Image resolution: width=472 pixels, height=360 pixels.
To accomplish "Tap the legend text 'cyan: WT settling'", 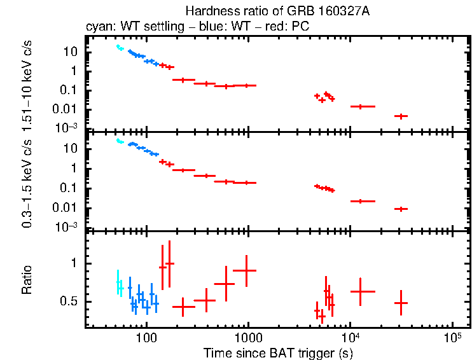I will tap(127, 27).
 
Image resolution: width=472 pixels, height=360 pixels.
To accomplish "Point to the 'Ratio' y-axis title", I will tap(27, 280).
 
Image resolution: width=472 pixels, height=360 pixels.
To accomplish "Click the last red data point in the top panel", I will tap(401, 116).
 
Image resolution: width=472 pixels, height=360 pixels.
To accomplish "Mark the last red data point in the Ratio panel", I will tap(401, 303).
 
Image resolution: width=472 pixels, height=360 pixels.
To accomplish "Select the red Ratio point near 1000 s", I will tap(245, 270).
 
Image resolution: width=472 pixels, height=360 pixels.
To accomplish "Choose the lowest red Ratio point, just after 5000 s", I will tap(322, 316).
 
